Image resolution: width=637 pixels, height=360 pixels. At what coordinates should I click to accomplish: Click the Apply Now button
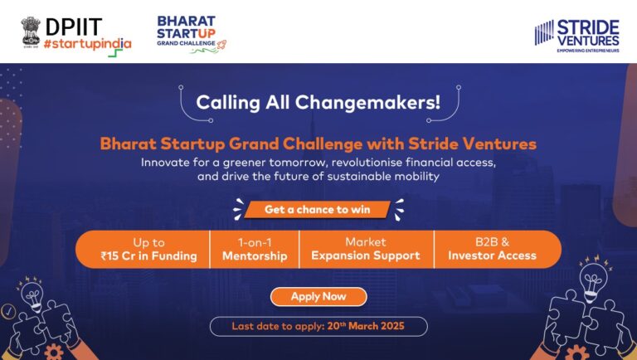point(318,296)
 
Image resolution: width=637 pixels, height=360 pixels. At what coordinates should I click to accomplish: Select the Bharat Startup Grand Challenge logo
point(191,32)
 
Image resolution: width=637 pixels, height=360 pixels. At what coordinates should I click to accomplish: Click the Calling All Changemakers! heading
point(318,103)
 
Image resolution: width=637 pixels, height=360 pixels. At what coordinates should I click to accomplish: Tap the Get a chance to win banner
point(318,209)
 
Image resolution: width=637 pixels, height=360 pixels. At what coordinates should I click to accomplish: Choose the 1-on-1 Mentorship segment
point(255,248)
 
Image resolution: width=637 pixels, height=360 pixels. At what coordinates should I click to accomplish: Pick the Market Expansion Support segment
point(366,248)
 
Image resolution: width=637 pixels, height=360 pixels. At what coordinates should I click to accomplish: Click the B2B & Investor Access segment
point(492,248)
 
